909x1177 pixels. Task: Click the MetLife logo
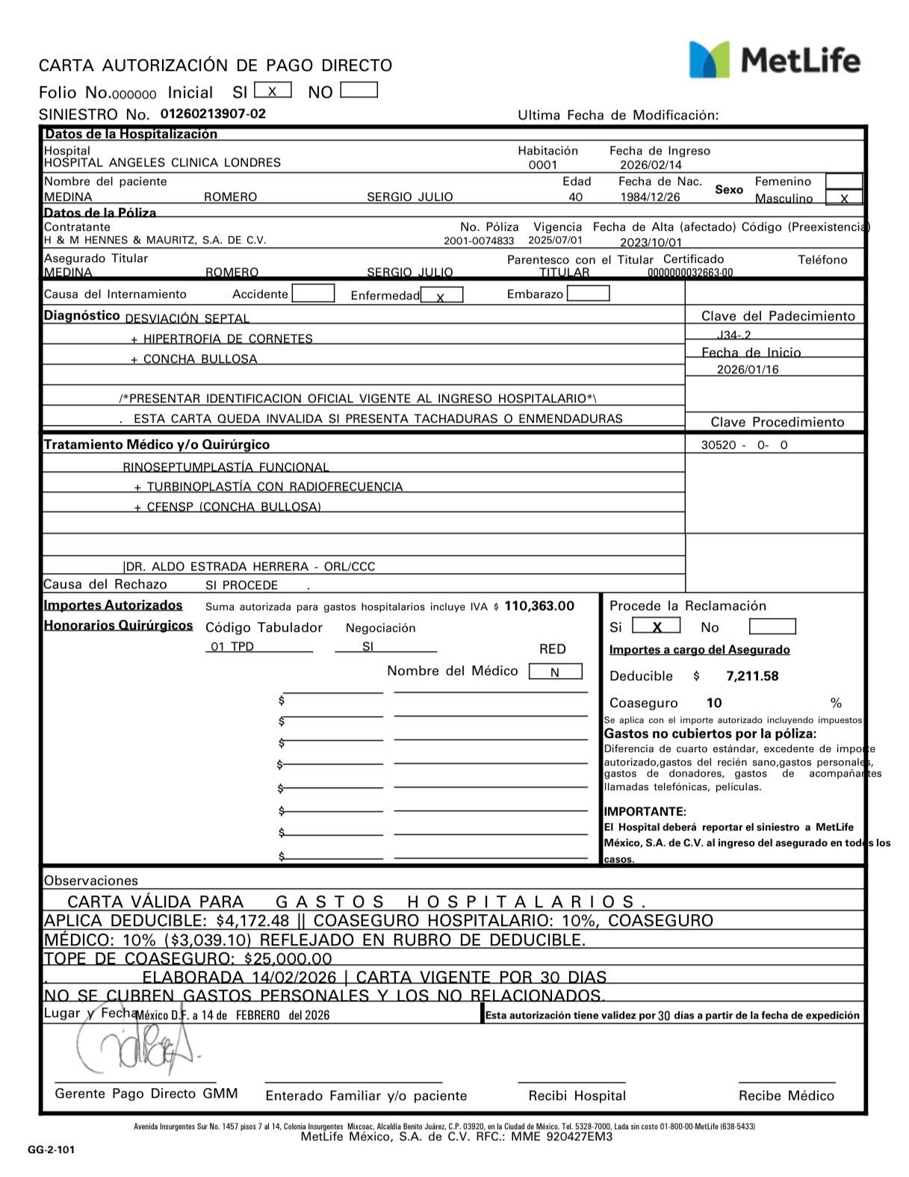pos(774,60)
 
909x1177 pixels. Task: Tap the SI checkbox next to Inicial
pos(273,90)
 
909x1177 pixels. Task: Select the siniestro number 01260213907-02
pos(213,114)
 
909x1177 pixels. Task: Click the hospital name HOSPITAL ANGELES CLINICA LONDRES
pos(162,163)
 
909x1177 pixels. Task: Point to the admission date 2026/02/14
pos(651,165)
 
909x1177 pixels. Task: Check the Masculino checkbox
pos(844,198)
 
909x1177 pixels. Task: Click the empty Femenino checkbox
pos(844,181)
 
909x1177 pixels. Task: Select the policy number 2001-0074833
pos(479,241)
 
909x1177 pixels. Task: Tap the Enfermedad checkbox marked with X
pos(441,296)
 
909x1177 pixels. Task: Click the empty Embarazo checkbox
pos(588,294)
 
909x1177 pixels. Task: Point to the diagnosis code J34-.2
pos(733,336)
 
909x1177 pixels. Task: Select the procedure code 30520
pos(719,445)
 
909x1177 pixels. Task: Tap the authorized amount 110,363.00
pos(539,606)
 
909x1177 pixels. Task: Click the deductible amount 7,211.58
pos(752,677)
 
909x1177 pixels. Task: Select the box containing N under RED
pos(555,672)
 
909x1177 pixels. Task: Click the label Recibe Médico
pos(786,1096)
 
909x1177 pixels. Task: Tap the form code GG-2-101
pos(52,1150)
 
